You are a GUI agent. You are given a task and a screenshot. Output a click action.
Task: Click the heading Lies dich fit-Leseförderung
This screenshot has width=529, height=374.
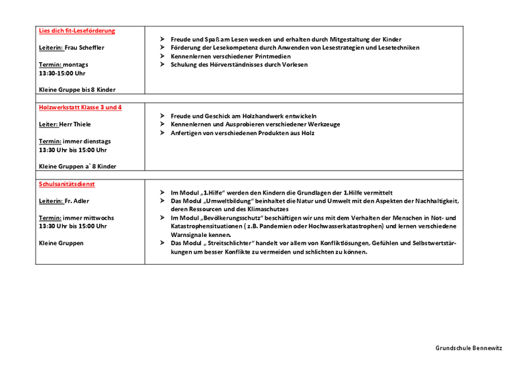pyautogui.click(x=77, y=30)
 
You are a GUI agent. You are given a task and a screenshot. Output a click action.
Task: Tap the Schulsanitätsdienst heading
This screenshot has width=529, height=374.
pyautogui.click(x=67, y=183)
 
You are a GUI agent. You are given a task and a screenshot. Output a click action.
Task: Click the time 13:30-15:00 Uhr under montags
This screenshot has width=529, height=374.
pyautogui.click(x=62, y=73)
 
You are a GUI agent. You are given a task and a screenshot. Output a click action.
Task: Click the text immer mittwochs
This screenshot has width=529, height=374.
pyautogui.click(x=87, y=218)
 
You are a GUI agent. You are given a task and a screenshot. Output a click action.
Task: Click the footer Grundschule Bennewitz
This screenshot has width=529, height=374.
pyautogui.click(x=469, y=348)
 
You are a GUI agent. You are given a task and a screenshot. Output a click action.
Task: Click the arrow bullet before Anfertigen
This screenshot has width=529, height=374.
pyautogui.click(x=162, y=133)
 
